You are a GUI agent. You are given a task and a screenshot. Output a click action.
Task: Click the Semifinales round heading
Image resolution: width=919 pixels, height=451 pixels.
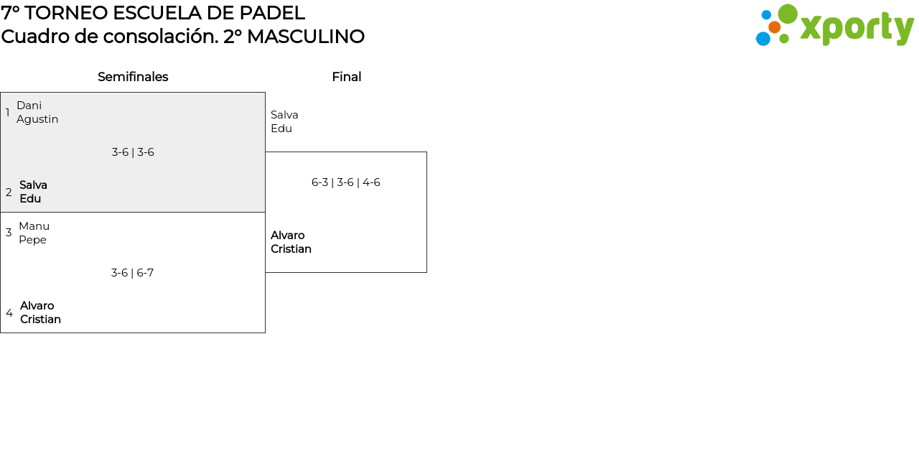click(133, 77)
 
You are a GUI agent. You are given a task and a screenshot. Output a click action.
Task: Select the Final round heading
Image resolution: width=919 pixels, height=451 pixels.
click(347, 77)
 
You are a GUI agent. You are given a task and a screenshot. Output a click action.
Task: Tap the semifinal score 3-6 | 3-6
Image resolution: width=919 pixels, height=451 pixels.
click(133, 152)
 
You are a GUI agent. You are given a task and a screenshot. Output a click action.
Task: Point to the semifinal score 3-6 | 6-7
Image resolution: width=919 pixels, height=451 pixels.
click(132, 273)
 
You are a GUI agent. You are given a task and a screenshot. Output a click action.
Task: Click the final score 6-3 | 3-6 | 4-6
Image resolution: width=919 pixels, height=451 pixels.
click(346, 182)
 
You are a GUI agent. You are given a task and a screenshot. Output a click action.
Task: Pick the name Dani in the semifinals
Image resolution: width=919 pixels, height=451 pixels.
click(29, 106)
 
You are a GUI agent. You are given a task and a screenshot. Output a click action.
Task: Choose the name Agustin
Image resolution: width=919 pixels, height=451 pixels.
click(37, 119)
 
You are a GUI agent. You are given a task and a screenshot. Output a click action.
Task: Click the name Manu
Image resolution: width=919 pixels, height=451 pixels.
click(34, 226)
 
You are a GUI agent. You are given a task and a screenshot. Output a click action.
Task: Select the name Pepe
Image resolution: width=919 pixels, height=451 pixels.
click(32, 240)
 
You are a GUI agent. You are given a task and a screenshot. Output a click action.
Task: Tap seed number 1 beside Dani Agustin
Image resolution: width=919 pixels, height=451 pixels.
click(7, 113)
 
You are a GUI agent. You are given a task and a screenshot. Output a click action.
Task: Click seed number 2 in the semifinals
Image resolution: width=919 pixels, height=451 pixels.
click(9, 192)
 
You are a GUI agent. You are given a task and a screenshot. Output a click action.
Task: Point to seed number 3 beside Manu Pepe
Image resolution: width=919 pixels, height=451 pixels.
click(9, 233)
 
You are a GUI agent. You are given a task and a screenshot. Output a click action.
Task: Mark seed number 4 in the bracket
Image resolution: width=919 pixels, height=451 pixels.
click(9, 312)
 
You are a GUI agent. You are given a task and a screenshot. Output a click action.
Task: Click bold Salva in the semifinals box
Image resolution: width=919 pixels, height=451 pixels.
click(33, 185)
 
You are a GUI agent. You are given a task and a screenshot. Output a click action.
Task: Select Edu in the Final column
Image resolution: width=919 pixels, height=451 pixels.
click(281, 129)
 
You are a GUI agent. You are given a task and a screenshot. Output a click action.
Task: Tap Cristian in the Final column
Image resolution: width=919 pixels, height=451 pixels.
click(291, 249)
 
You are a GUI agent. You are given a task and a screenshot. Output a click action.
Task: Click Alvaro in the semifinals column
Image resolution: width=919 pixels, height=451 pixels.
click(37, 306)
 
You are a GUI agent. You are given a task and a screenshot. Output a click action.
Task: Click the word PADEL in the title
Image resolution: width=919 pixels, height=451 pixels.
click(272, 13)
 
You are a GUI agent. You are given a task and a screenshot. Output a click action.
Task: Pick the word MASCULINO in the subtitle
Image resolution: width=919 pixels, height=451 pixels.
click(306, 37)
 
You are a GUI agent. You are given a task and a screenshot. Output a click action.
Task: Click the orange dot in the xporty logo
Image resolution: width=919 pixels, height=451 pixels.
click(774, 27)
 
